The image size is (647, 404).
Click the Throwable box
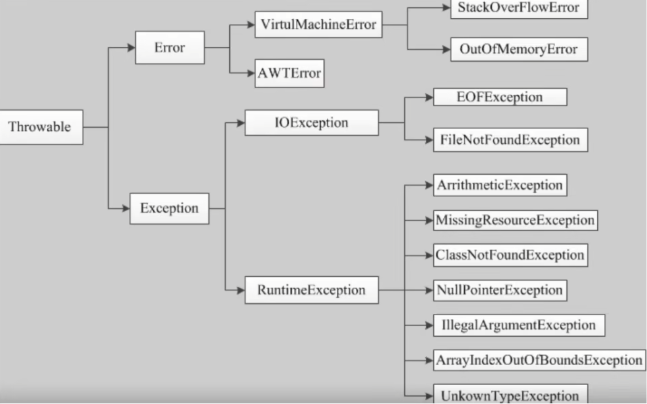tap(41, 127)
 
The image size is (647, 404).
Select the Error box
tap(170, 48)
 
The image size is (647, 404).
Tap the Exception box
tap(169, 208)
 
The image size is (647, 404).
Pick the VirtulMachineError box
tap(318, 24)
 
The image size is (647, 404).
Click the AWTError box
tap(289, 74)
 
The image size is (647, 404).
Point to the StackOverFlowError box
tap(519, 9)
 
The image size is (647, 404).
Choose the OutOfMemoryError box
tap(519, 49)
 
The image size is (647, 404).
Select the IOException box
tap(312, 123)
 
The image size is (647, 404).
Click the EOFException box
tap(500, 97)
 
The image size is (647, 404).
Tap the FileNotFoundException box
tap(510, 140)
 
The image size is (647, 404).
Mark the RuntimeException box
tap(312, 290)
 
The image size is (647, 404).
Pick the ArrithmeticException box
tap(500, 185)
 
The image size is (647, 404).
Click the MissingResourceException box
tap(516, 220)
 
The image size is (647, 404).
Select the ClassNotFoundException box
tap(510, 255)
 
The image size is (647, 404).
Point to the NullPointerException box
tap(500, 290)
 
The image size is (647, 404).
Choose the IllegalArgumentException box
tap(519, 325)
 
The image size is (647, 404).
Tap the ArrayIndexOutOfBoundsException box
tap(539, 360)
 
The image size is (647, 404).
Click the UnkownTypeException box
tap(510, 394)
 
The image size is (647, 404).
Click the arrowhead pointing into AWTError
tap(251, 74)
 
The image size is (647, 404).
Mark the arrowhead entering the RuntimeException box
tap(241, 290)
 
